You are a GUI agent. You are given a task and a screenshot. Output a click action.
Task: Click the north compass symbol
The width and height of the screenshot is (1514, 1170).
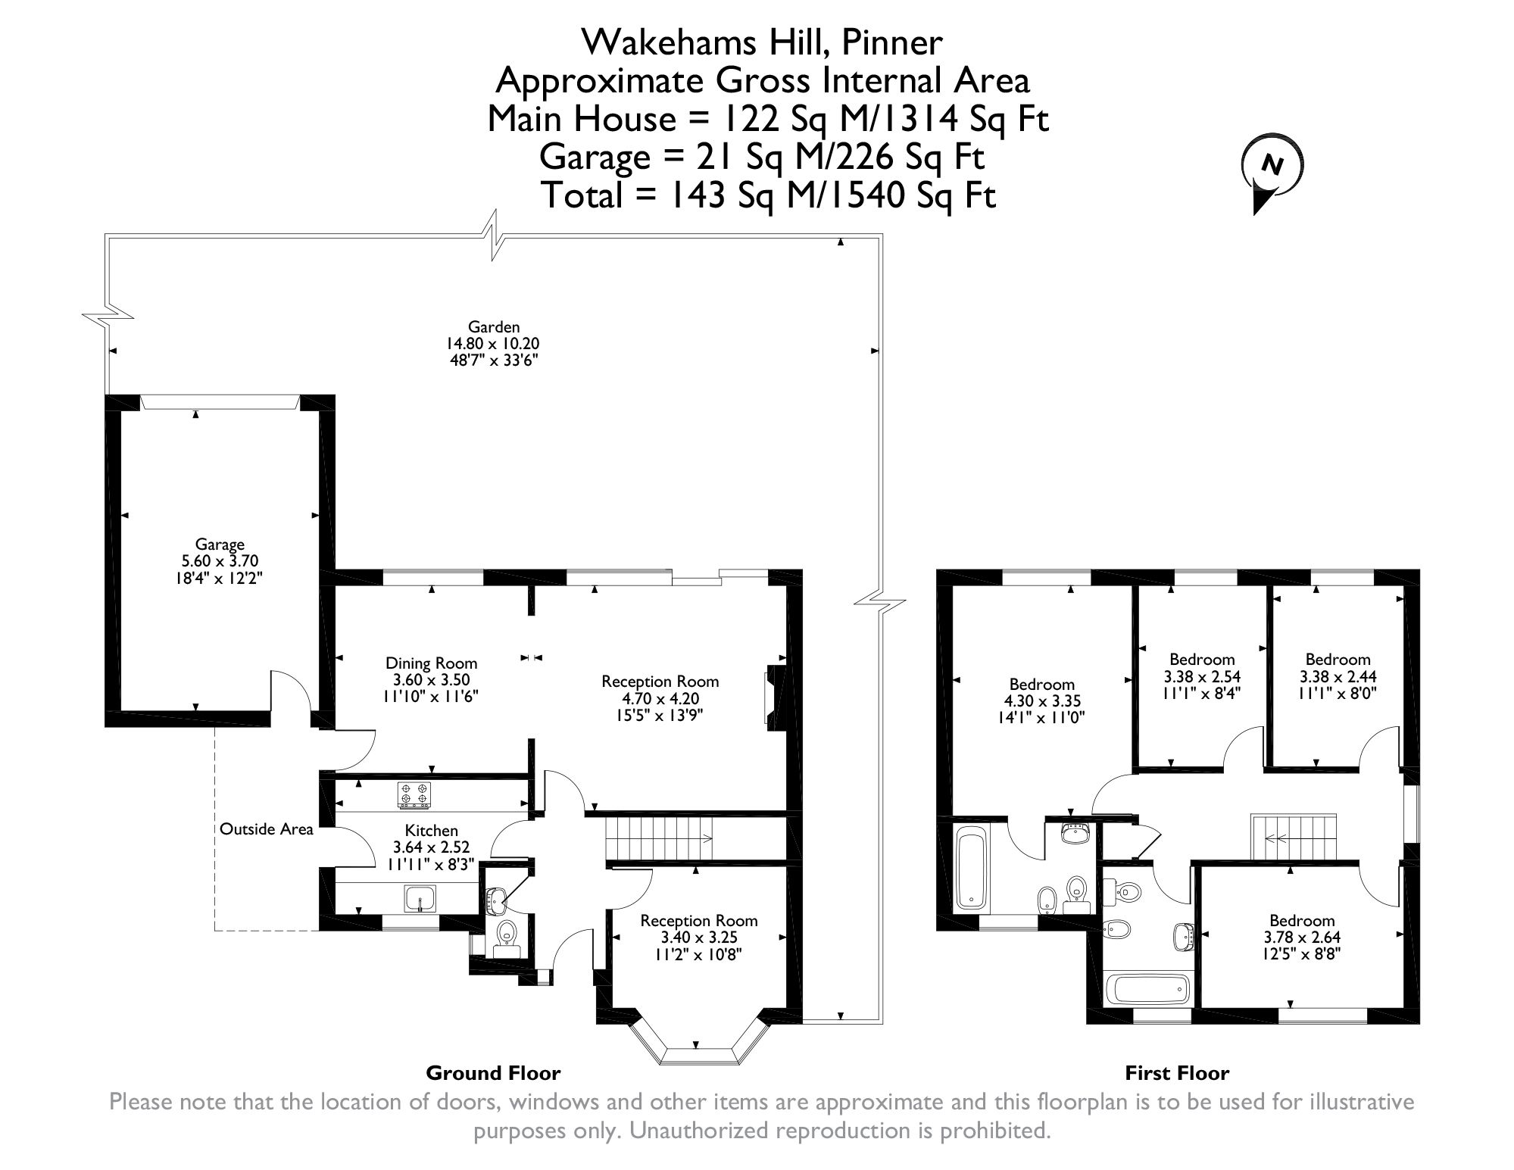(1272, 174)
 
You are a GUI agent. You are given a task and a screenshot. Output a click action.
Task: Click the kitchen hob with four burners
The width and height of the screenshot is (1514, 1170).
(414, 794)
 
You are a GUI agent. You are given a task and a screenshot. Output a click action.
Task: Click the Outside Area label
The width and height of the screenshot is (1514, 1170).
(266, 829)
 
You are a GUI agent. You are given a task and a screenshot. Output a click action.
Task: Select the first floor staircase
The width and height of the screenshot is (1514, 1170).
(1294, 837)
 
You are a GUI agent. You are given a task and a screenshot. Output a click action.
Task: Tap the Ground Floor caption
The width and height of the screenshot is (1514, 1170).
(493, 1073)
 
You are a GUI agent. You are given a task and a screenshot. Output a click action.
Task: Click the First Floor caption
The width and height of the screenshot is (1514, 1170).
(1177, 1073)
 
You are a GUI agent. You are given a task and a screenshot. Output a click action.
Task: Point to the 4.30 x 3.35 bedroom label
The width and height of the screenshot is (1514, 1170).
(1041, 701)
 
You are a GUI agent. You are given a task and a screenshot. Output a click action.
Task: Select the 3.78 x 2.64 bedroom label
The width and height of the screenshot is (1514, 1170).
(1302, 937)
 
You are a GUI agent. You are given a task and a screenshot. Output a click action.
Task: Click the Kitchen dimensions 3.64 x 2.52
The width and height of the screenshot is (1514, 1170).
(431, 847)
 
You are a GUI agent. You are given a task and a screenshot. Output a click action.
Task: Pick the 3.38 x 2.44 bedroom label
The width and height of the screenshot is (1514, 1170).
(1338, 675)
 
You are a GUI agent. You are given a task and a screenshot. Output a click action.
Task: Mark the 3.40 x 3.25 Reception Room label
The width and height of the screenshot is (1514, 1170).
(698, 937)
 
